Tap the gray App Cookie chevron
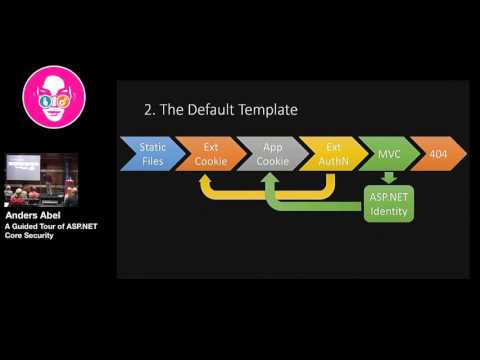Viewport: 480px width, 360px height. [x=272, y=153]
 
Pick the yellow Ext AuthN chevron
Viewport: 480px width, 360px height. [x=333, y=153]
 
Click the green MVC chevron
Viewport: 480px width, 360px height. [x=388, y=153]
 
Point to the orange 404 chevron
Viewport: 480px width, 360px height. [x=438, y=153]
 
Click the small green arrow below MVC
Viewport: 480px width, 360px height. [x=389, y=177]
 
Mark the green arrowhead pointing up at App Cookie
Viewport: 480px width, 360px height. [x=270, y=180]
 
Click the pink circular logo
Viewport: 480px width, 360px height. [x=53, y=96]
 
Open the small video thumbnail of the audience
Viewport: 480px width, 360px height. [x=41, y=179]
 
